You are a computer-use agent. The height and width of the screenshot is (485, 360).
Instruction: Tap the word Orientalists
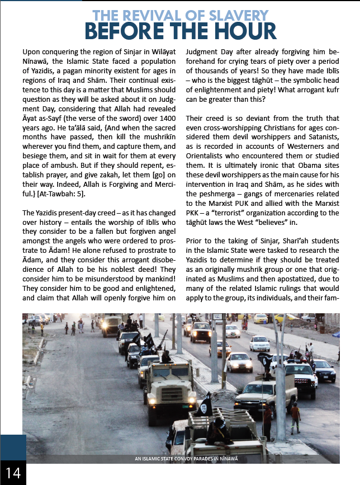[x=209, y=156]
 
